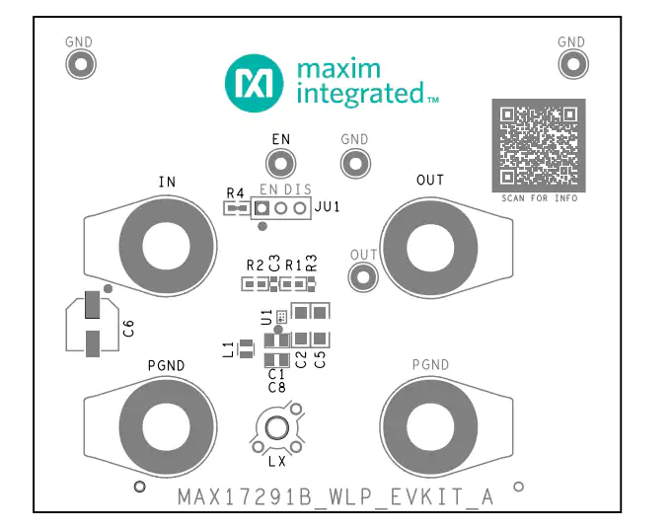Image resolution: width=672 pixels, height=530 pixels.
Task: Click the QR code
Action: (539, 145)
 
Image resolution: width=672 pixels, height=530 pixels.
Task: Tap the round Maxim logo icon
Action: (255, 83)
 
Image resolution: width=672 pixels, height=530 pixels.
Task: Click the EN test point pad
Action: (280, 164)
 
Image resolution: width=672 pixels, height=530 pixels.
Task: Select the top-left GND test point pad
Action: (81, 64)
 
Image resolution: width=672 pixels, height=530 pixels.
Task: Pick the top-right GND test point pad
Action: (573, 64)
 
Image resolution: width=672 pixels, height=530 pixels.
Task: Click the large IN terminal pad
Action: (168, 246)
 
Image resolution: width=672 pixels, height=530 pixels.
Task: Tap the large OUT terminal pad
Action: (429, 248)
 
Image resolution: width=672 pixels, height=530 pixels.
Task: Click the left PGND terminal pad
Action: (168, 426)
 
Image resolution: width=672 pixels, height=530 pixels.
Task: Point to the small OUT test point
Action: (363, 277)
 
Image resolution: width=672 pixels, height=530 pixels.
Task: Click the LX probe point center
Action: (277, 427)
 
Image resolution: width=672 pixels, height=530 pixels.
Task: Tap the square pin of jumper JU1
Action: (261, 208)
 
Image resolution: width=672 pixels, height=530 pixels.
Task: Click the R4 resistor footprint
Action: (236, 209)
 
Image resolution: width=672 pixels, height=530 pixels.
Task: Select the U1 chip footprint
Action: (281, 318)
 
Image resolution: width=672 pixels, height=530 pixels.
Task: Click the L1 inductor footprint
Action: (246, 348)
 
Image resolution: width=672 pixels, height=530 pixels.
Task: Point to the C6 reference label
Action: (128, 328)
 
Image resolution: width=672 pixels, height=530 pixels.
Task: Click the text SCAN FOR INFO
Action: (540, 198)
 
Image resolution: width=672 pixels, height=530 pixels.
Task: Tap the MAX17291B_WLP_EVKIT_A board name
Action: (336, 497)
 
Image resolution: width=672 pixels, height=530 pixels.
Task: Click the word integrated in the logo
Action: (360, 95)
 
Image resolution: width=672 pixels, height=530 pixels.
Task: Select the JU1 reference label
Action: (328, 207)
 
